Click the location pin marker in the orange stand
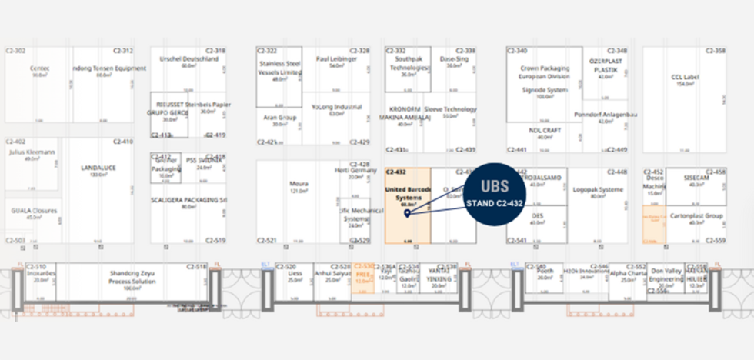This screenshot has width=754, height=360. (406, 212)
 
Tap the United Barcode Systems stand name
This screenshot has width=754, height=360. (407, 193)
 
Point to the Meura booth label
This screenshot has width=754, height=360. (299, 184)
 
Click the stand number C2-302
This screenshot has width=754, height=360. (15, 51)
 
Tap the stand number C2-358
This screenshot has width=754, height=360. (716, 51)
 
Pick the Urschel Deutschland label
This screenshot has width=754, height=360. (188, 58)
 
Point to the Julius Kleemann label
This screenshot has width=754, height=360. (32, 152)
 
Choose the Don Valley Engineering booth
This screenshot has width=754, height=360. (666, 276)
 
